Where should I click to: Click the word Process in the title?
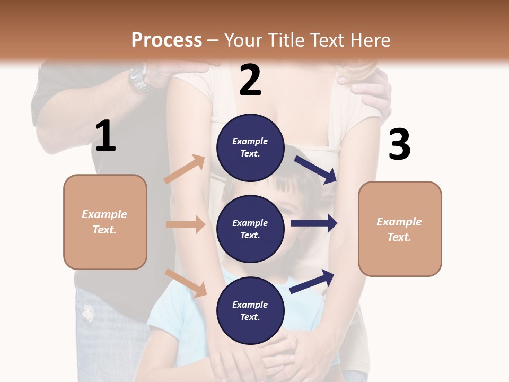pyautogui.click(x=166, y=40)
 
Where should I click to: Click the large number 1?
pyautogui.click(x=106, y=136)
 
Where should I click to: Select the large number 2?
pyautogui.click(x=250, y=80)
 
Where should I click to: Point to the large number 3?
pyautogui.click(x=399, y=144)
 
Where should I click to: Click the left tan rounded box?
pyautogui.click(x=105, y=222)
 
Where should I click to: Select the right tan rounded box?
pyautogui.click(x=400, y=229)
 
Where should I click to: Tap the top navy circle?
pyautogui.click(x=250, y=147)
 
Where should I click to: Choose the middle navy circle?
pyautogui.click(x=250, y=229)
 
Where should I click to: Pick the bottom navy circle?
pyautogui.click(x=250, y=310)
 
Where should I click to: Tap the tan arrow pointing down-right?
pyautogui.click(x=186, y=282)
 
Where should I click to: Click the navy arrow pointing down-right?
pyautogui.click(x=315, y=169)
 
